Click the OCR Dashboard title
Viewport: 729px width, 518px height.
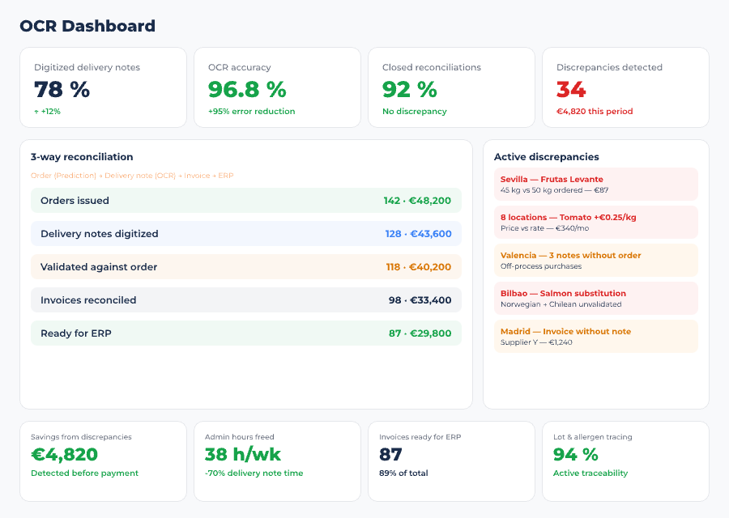pyautogui.click(x=87, y=26)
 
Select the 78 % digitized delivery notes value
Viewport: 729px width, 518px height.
pyautogui.click(x=62, y=89)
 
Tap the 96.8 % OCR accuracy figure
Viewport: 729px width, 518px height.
pyautogui.click(x=247, y=89)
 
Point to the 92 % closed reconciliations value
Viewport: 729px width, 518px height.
pyautogui.click(x=409, y=89)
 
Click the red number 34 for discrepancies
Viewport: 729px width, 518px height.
pyautogui.click(x=571, y=89)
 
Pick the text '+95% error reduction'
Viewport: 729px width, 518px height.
pyautogui.click(x=251, y=112)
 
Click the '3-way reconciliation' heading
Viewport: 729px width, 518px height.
pyautogui.click(x=82, y=157)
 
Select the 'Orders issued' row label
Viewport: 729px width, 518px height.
pyautogui.click(x=75, y=201)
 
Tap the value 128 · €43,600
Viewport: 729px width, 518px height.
pyautogui.click(x=418, y=234)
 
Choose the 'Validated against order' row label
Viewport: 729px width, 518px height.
pyautogui.click(x=99, y=267)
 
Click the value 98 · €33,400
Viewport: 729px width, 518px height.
pyautogui.click(x=420, y=300)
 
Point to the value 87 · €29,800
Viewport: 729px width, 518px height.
pyautogui.click(x=420, y=333)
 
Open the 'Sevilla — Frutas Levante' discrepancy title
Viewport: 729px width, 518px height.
pyautogui.click(x=552, y=180)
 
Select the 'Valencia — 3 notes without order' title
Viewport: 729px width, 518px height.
pyautogui.click(x=570, y=256)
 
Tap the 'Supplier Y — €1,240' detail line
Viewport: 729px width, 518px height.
pyautogui.click(x=536, y=342)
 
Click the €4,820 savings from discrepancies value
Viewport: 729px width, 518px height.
pyautogui.click(x=64, y=455)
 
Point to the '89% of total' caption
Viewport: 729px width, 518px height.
pyautogui.click(x=403, y=473)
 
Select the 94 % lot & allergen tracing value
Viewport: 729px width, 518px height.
pyautogui.click(x=575, y=455)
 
